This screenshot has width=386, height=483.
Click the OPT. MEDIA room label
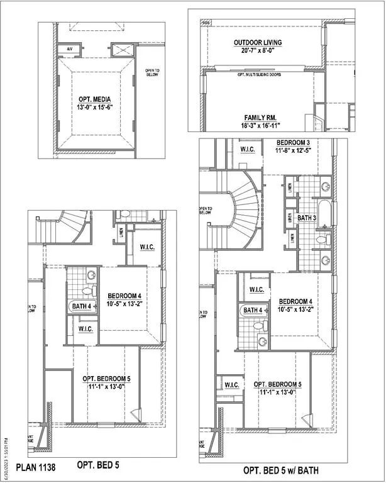pyautogui.click(x=96, y=99)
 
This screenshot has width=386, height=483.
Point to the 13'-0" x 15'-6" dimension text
pyautogui.click(x=96, y=108)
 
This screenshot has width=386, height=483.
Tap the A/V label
pyautogui.click(x=63, y=49)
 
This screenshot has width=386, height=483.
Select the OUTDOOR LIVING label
pyautogui.click(x=257, y=43)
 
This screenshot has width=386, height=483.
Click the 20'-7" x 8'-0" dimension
pyautogui.click(x=257, y=51)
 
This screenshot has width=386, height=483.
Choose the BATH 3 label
pyautogui.click(x=306, y=218)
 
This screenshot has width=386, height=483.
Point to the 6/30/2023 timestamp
pyautogui.click(x=6, y=457)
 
